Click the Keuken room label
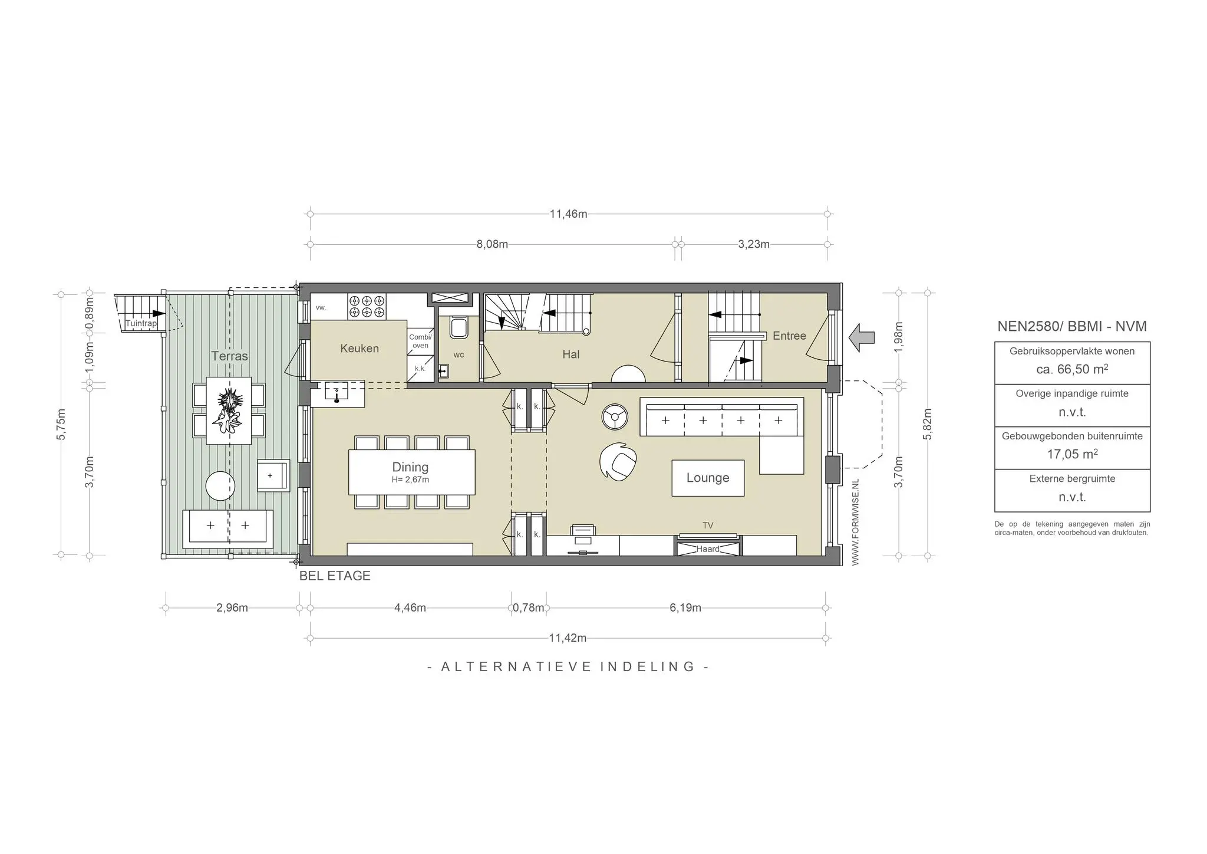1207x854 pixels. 359,349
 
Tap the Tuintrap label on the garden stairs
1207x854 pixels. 141,324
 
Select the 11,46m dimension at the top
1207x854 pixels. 568,214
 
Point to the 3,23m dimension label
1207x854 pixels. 753,244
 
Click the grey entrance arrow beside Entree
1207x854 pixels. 861,337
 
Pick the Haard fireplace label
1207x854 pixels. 707,549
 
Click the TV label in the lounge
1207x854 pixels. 707,525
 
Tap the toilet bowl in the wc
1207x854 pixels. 459,328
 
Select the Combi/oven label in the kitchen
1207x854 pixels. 420,341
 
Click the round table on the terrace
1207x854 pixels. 220,486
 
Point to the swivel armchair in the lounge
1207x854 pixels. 618,461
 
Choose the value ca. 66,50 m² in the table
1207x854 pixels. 1071,370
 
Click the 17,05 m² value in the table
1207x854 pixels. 1071,454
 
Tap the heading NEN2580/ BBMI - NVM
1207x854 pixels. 1071,326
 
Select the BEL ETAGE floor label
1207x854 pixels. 335,576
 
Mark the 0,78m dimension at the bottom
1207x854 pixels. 528,608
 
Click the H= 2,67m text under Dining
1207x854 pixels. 410,480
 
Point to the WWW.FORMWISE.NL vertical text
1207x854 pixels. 856,522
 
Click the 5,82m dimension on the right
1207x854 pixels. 927,423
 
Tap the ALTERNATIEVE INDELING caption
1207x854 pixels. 568,667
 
